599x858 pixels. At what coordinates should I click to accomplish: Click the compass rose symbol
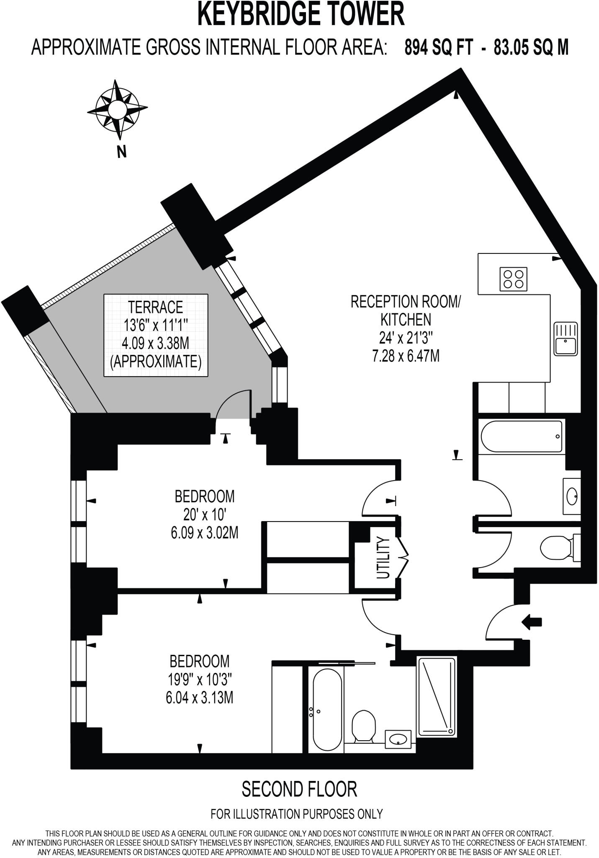[x=117, y=109]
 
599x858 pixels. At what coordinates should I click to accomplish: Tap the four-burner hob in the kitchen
[x=513, y=279]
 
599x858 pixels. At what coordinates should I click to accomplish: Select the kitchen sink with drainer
[x=565, y=339]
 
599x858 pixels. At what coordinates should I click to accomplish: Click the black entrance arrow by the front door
[x=532, y=622]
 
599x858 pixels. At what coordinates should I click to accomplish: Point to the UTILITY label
[x=383, y=558]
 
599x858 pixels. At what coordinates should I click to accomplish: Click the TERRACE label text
[x=156, y=307]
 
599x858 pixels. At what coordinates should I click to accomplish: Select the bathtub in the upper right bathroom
[x=522, y=437]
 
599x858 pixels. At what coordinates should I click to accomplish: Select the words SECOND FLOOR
[x=299, y=789]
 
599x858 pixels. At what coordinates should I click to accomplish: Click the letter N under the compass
[x=121, y=152]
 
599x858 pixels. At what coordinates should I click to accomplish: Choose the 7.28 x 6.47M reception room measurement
[x=406, y=357]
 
